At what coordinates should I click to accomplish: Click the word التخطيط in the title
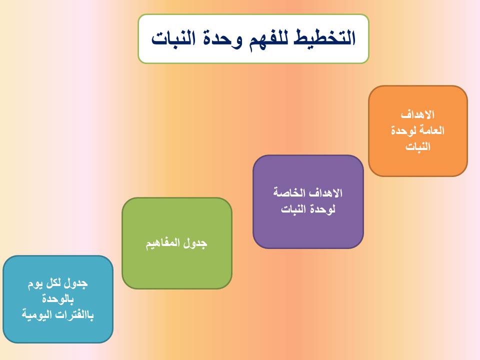(x=324, y=38)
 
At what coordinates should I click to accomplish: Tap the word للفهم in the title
(x=268, y=39)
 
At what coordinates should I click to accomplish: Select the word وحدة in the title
(x=222, y=39)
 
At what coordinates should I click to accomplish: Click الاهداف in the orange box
(x=417, y=115)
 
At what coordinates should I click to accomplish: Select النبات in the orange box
(x=418, y=146)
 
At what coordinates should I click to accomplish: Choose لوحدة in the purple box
(x=322, y=209)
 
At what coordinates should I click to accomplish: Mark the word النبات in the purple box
(x=293, y=209)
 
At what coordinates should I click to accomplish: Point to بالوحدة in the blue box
(x=58, y=299)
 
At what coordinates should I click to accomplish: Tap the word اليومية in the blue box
(x=38, y=315)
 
